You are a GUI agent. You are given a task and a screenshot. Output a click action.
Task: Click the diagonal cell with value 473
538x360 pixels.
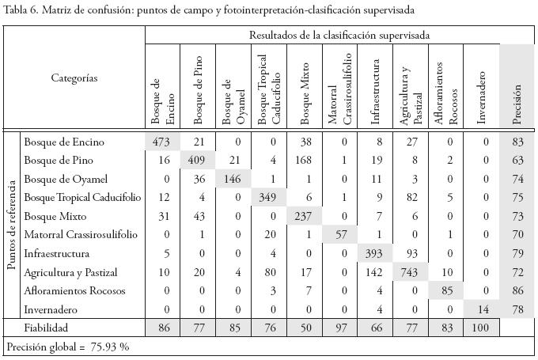tap(164, 142)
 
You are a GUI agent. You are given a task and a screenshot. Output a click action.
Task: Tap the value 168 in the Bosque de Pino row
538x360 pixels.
tap(305, 161)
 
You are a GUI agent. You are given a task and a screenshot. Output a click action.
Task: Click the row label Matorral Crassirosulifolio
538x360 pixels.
tap(81, 235)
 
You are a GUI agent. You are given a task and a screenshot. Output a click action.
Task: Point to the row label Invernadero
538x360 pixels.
tap(51, 309)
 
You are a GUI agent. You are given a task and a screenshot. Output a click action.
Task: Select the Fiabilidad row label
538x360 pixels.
tap(46, 328)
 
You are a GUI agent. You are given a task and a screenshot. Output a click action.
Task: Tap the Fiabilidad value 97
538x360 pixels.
tap(342, 328)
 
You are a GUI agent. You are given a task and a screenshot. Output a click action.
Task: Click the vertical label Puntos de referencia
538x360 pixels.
tap(13, 224)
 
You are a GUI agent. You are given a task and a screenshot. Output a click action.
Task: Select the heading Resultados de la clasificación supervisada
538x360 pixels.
tap(339, 36)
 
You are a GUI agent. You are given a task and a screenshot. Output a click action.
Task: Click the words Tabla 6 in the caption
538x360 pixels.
tap(21, 10)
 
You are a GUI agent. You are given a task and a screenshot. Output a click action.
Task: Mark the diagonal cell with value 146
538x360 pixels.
tap(234, 180)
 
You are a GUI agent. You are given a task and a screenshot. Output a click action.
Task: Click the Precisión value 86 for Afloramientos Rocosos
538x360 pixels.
tap(517, 290)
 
